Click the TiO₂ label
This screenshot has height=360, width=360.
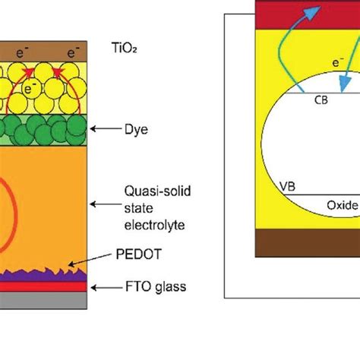pyautogui.click(x=124, y=48)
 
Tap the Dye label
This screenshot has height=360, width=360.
pyautogui.click(x=136, y=130)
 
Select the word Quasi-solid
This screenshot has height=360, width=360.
pyautogui.click(x=157, y=191)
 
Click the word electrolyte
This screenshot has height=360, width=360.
pyautogui.click(x=154, y=225)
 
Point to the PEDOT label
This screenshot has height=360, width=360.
pyautogui.click(x=139, y=254)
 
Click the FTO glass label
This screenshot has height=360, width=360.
pyautogui.click(x=156, y=287)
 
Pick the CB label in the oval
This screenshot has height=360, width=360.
pyautogui.click(x=321, y=100)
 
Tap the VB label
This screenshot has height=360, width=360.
pyautogui.click(x=288, y=187)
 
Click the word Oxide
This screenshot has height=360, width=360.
pyautogui.click(x=343, y=205)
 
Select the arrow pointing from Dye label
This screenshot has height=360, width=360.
pyautogui.click(x=106, y=129)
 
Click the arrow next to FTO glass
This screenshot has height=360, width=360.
pyautogui.click(x=106, y=288)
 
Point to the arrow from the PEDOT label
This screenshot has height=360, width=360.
pyautogui.click(x=90, y=259)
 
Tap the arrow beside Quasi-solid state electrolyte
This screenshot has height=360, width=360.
pyautogui.click(x=106, y=204)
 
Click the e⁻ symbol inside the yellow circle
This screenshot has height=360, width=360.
pyautogui.click(x=30, y=89)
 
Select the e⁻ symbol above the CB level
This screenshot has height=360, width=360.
pyautogui.click(x=338, y=62)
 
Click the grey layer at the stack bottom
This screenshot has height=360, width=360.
pyautogui.click(x=43, y=300)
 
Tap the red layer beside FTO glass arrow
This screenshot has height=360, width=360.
pyautogui.click(x=43, y=286)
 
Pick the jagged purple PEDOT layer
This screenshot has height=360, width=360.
pyautogui.click(x=43, y=276)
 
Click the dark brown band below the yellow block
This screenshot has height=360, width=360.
pyautogui.click(x=308, y=243)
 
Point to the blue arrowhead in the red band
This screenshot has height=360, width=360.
pyautogui.click(x=312, y=12)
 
